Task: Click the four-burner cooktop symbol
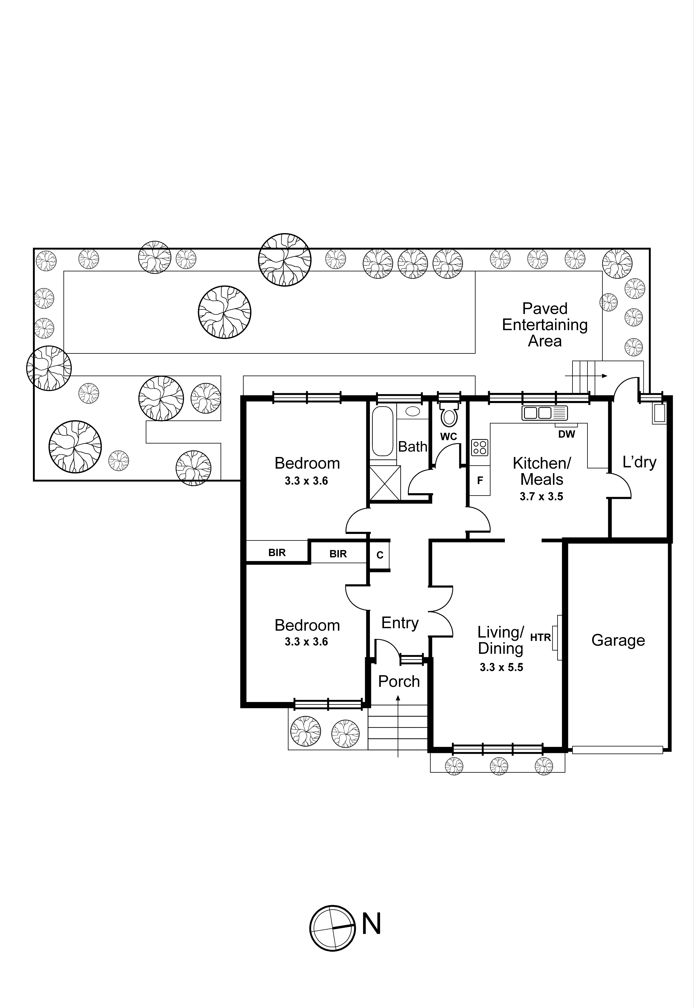480,447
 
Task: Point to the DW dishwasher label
566,434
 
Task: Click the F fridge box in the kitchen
480,480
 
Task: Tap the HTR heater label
540,637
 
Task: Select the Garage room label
618,640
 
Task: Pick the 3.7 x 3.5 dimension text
541,496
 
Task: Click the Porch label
399,681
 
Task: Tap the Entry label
400,623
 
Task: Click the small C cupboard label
379,555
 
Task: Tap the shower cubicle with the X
384,483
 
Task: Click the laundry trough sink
659,414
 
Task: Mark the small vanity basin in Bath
413,411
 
